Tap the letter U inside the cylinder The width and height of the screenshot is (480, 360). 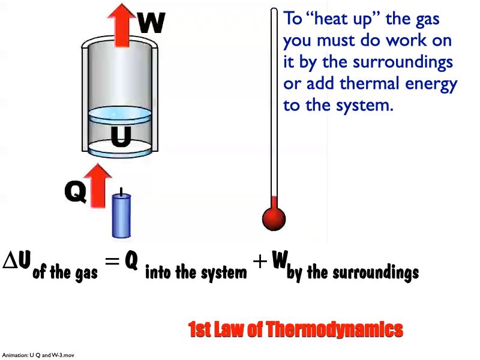[121, 137]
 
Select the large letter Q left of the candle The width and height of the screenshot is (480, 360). [75, 192]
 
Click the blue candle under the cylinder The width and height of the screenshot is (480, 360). [122, 215]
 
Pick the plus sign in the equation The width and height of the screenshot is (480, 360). [259, 265]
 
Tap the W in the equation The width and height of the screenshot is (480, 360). [279, 260]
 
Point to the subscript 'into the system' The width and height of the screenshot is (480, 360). [196, 274]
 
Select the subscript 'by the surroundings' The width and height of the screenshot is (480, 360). [353, 274]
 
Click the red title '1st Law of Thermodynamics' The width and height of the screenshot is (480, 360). [295, 330]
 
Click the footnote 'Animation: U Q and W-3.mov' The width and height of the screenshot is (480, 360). [38, 355]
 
